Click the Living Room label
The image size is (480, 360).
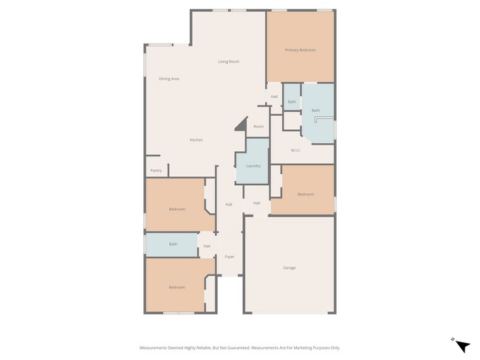point(228,61)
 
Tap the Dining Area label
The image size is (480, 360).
point(169,79)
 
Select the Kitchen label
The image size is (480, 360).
point(196,140)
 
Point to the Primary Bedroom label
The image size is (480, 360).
point(301,50)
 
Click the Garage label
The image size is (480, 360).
point(289,267)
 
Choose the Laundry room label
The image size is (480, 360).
point(253,166)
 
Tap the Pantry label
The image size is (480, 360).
point(156,170)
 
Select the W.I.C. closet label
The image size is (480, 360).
point(295,150)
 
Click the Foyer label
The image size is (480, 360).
point(230,257)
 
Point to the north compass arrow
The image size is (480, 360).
point(462,345)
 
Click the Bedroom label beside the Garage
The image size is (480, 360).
point(306,194)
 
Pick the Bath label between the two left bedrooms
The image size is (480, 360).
point(173,244)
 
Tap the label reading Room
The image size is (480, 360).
point(258,126)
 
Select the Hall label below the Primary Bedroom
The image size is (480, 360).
point(274,97)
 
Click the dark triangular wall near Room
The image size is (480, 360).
point(241,126)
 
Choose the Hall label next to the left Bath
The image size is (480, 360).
point(207,246)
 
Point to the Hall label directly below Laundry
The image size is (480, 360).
point(256,203)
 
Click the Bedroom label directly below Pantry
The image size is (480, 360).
point(177,209)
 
